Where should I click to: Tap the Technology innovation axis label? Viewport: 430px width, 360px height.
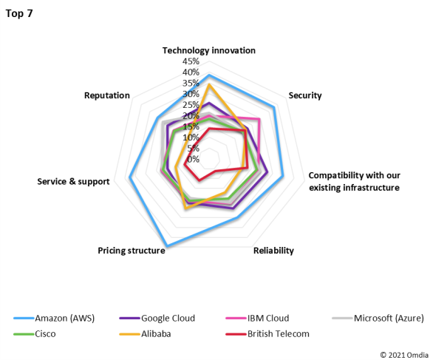click(x=209, y=50)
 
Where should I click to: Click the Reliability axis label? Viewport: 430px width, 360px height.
click(x=273, y=251)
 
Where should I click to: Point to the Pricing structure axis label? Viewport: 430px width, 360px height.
click(x=131, y=251)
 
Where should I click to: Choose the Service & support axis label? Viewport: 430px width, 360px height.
click(x=73, y=181)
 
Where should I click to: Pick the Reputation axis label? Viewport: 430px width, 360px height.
click(x=107, y=95)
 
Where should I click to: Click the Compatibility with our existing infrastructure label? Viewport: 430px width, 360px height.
click(x=354, y=181)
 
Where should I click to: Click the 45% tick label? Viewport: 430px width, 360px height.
click(x=190, y=61)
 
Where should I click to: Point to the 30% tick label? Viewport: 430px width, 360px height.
click(x=190, y=94)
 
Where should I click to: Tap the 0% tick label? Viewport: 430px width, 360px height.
click(x=193, y=159)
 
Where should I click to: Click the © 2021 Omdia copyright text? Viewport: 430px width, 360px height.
click(x=403, y=353)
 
